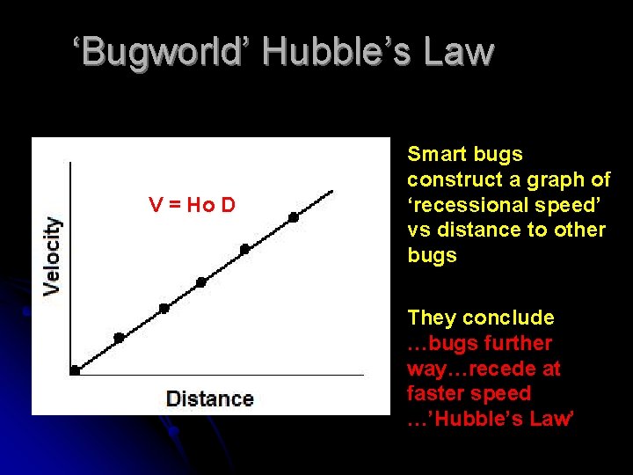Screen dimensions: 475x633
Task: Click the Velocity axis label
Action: coord(53,255)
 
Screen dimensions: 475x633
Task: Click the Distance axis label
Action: coord(209,398)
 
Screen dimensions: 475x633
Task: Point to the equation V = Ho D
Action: coord(192,206)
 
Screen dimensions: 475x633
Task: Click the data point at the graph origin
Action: coord(75,371)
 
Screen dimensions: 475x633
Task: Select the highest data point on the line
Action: coord(294,216)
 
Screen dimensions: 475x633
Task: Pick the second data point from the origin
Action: coord(119,338)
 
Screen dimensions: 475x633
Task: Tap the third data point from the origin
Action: coord(164,309)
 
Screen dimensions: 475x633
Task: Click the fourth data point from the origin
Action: coord(200,282)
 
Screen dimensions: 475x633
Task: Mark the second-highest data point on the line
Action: coord(244,249)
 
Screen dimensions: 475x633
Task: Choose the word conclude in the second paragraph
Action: coord(513,318)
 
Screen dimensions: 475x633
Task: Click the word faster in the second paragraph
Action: coord(439,393)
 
